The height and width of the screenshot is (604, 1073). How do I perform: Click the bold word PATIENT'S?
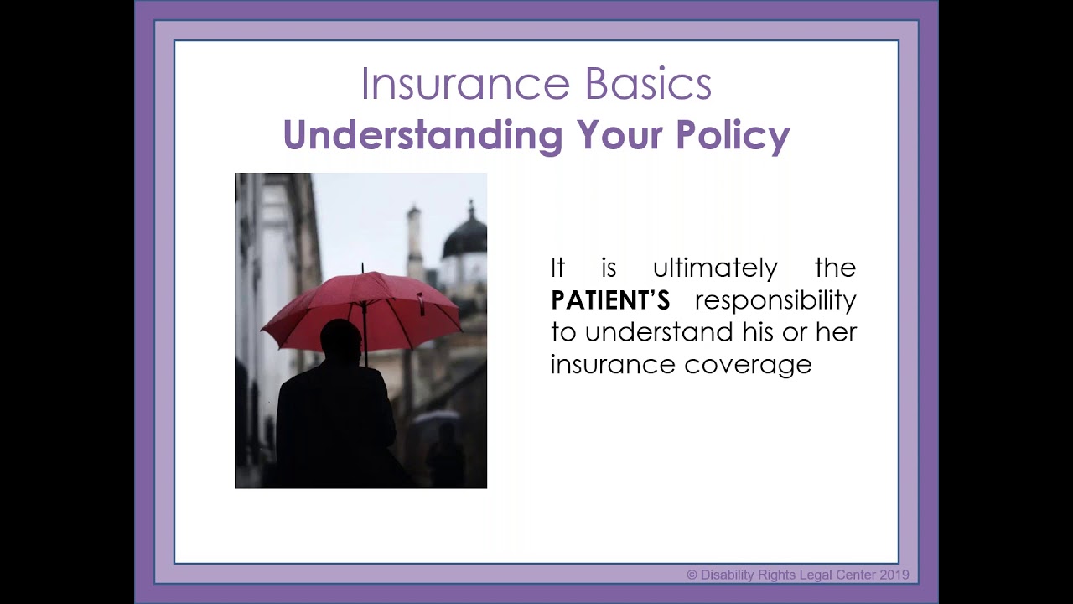click(x=610, y=300)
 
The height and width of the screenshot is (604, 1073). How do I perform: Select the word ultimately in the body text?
click(x=715, y=268)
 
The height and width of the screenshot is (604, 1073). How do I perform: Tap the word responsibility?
click(x=775, y=300)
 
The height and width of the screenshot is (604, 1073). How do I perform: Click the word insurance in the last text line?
click(x=614, y=364)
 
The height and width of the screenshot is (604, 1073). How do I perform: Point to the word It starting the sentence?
click(x=558, y=268)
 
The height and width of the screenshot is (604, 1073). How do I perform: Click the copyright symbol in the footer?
click(x=692, y=575)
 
